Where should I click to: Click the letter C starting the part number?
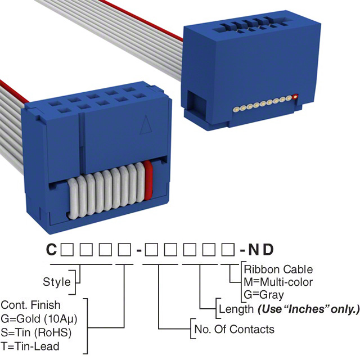[x=51, y=249]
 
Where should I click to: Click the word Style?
[x=57, y=281]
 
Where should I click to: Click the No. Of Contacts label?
[x=234, y=329]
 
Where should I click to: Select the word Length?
[x=235, y=309]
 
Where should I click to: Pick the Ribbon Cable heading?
[x=278, y=269]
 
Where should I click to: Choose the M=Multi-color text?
[x=278, y=282]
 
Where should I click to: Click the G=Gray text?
[x=264, y=294]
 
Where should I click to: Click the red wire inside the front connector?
[x=149, y=180]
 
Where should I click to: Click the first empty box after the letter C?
[x=66, y=249]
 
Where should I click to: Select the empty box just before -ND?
[x=227, y=249]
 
